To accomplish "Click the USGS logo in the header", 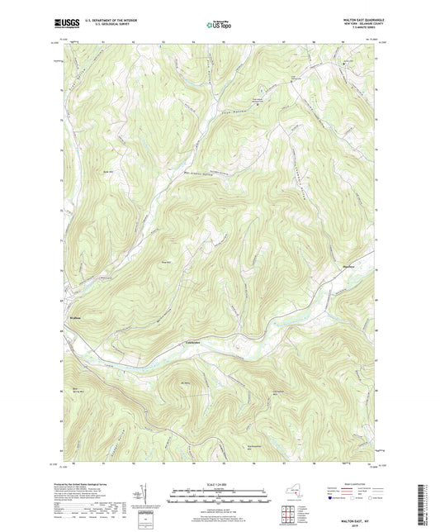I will (x=69, y=22).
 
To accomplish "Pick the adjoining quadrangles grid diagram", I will (x=287, y=515).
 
